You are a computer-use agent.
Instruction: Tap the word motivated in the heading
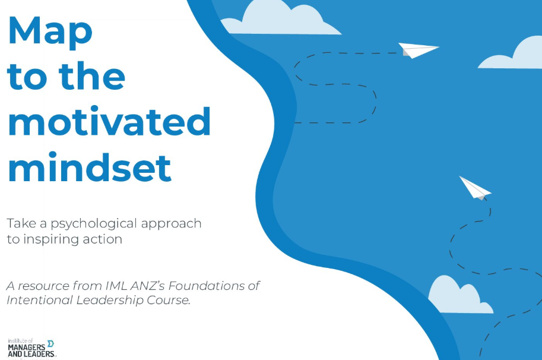pyautogui.click(x=109, y=121)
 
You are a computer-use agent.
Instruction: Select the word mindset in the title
pyautogui.click(x=90, y=167)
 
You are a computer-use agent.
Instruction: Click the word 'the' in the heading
pyautogui.click(x=92, y=75)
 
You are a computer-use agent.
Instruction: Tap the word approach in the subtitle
pyautogui.click(x=171, y=224)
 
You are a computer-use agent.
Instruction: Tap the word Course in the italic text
pyautogui.click(x=169, y=300)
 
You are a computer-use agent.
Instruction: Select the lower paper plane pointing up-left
pyautogui.click(x=475, y=188)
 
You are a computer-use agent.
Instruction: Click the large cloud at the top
pyautogui.click(x=280, y=20)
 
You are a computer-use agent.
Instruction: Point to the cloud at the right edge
pyautogui.click(x=512, y=53)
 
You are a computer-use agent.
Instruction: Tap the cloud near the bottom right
pyautogui.click(x=460, y=295)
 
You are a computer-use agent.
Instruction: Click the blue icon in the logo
pyautogui.click(x=50, y=343)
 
